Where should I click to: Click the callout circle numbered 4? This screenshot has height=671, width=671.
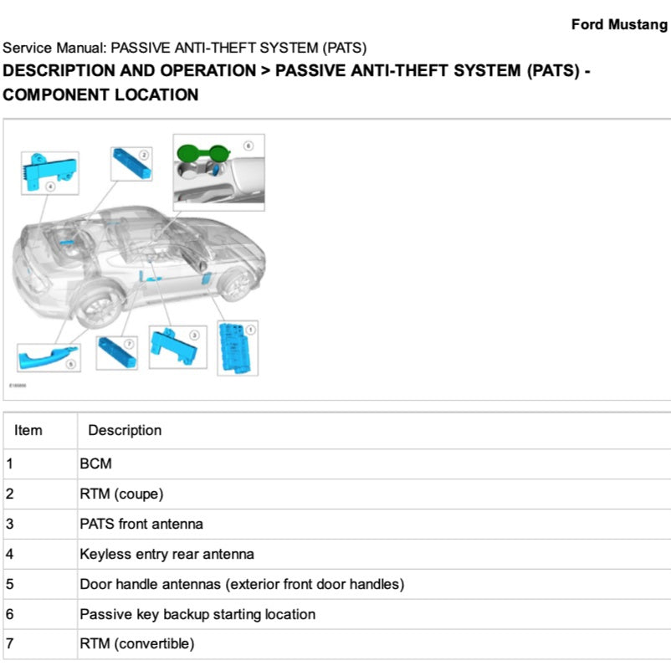tap(50, 187)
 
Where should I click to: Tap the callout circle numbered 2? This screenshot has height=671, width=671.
tap(144, 155)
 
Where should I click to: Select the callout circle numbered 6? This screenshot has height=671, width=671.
tap(248, 145)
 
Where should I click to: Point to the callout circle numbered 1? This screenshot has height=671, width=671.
tap(250, 331)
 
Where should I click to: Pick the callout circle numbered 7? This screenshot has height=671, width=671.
tap(129, 344)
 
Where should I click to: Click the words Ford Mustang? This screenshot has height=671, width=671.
tap(619, 24)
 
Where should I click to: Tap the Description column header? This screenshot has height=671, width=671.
tap(125, 430)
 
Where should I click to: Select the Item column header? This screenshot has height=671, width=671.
tap(28, 430)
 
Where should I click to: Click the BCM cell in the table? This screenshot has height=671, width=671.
tap(95, 463)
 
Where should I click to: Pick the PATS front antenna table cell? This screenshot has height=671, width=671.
tap(141, 524)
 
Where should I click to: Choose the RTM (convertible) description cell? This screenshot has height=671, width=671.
tap(136, 643)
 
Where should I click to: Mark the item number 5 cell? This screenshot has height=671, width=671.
tap(10, 584)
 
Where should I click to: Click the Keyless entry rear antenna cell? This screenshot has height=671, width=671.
tap(166, 554)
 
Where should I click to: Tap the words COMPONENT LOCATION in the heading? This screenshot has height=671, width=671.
tap(101, 95)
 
